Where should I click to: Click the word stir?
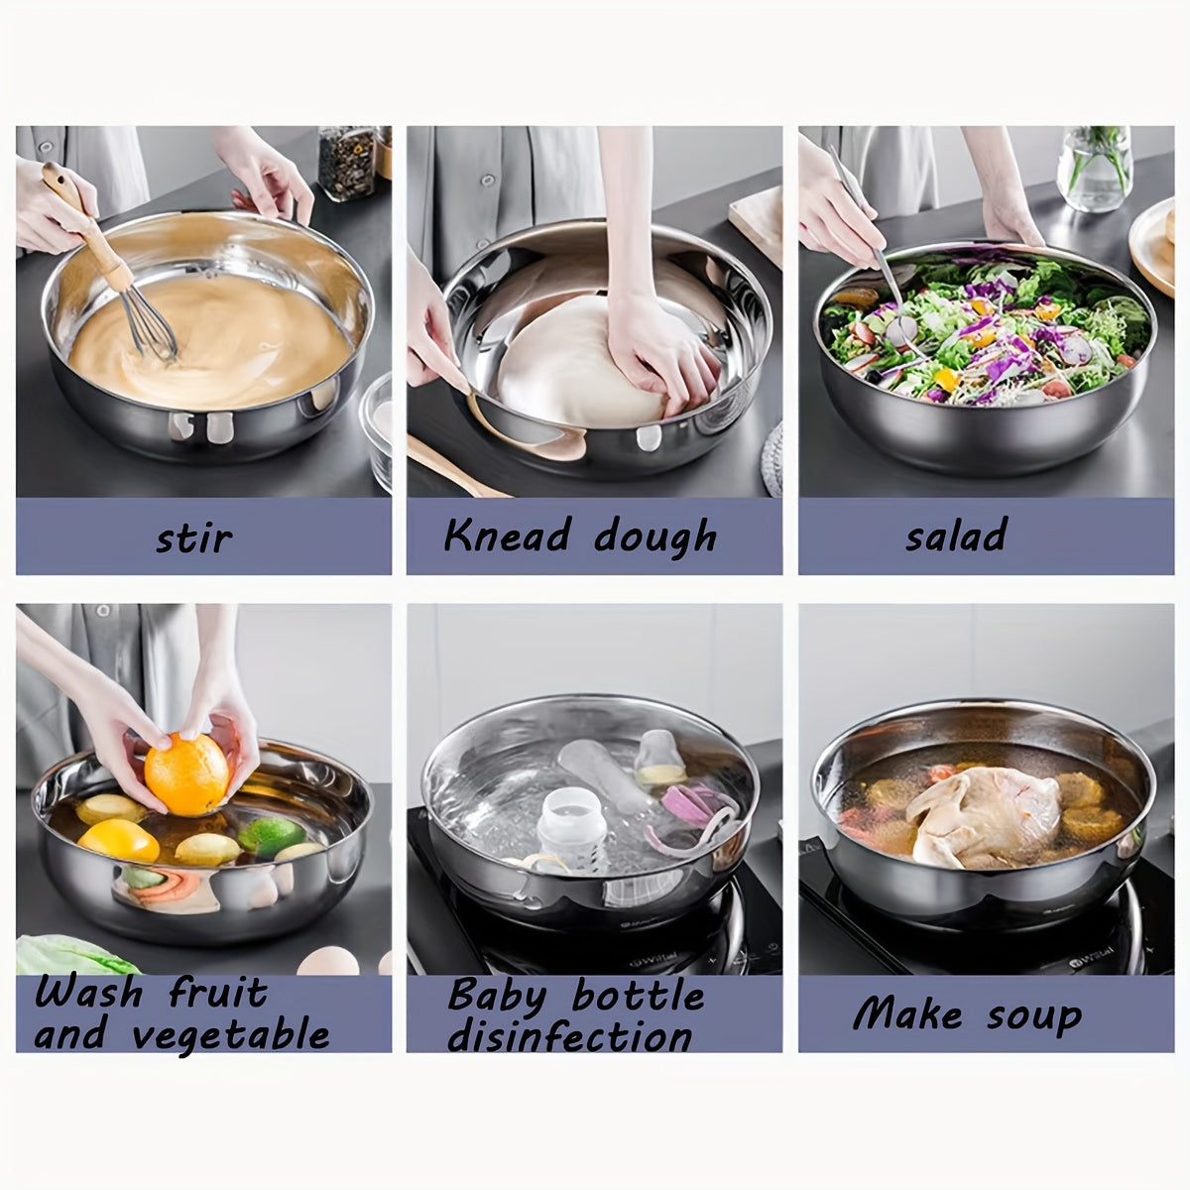pos(193,538)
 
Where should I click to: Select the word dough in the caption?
pos(655,537)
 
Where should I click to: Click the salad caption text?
pos(955,535)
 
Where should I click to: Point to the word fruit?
pos(217,993)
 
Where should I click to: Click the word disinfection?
pos(569,1038)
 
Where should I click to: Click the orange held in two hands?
pos(186,773)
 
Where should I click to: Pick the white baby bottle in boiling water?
pos(560,827)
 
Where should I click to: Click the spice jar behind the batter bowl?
pos(348,163)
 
